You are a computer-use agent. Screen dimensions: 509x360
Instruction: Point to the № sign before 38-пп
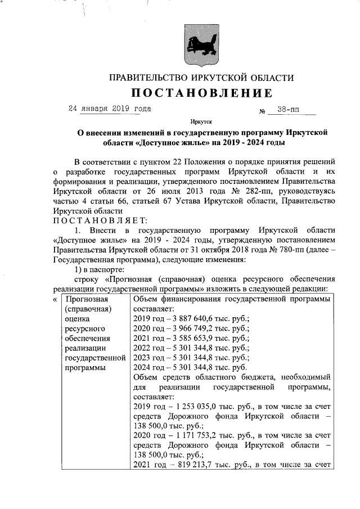[262, 112]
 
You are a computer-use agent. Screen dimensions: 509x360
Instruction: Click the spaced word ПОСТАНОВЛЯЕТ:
[100, 220]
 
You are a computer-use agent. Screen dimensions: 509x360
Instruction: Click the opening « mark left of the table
[55, 299]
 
